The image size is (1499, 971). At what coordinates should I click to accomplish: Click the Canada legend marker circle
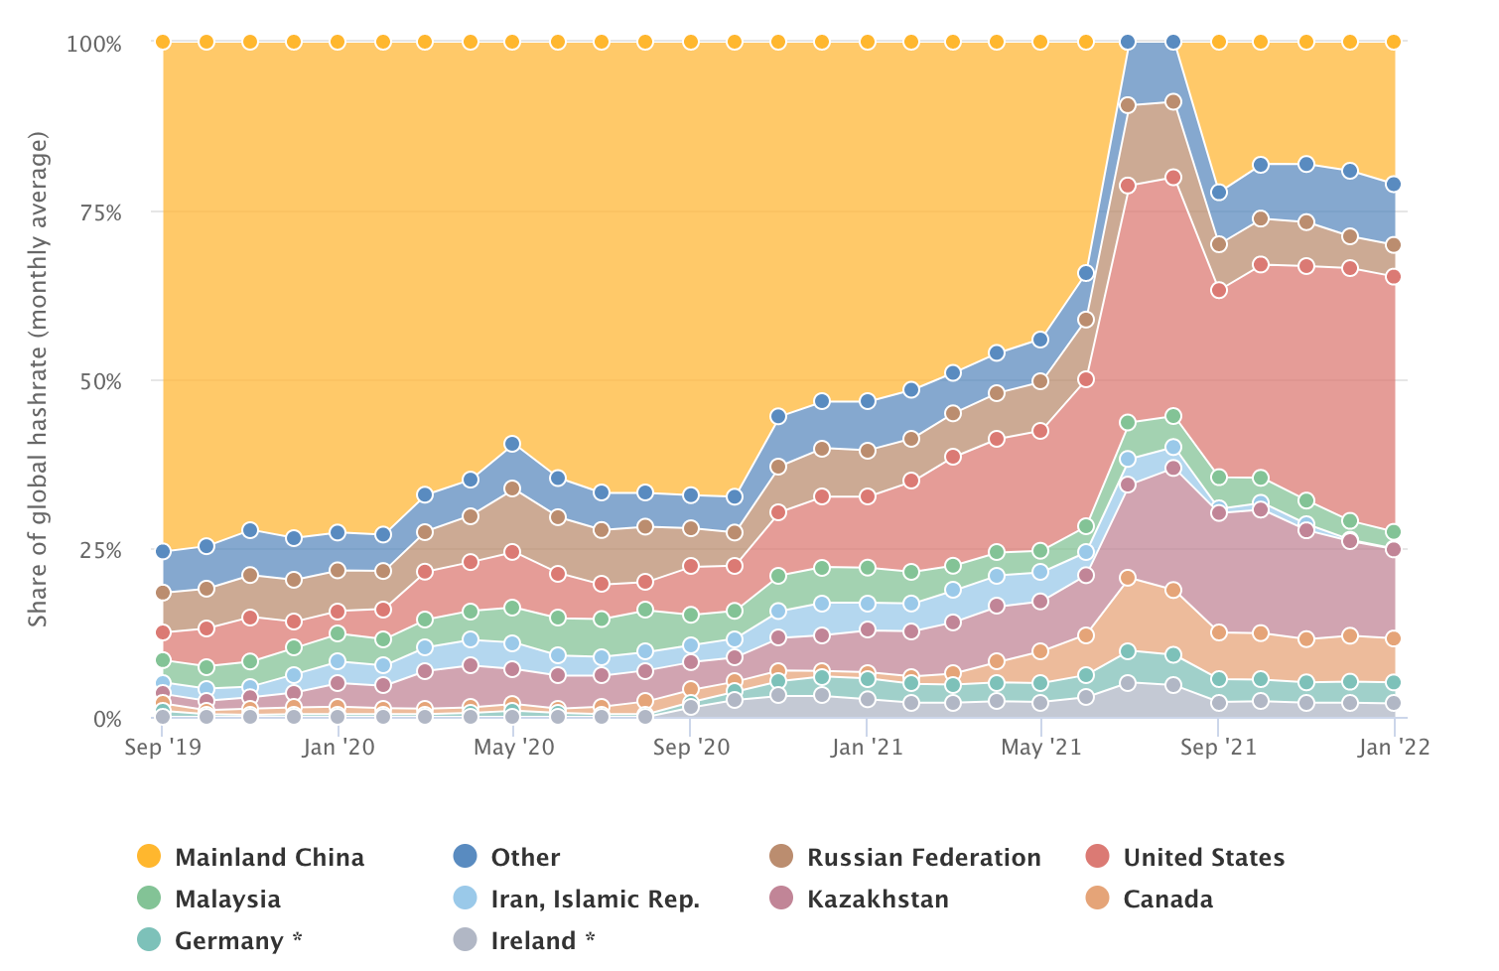click(1097, 899)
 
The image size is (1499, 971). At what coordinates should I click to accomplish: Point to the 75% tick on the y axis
click(100, 212)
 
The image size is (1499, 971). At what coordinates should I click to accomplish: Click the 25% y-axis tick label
click(100, 550)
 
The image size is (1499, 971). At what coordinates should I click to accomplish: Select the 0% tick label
click(107, 719)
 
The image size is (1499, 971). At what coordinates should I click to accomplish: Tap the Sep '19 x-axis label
click(163, 748)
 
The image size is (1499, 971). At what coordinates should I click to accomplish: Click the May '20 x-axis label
click(513, 748)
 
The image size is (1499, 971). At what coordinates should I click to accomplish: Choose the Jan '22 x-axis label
click(1394, 748)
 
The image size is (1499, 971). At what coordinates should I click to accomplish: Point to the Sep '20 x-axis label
click(691, 748)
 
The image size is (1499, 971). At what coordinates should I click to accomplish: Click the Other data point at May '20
click(512, 444)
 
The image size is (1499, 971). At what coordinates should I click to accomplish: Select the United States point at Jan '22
click(1394, 276)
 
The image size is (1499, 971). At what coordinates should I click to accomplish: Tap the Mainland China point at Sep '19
click(163, 42)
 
